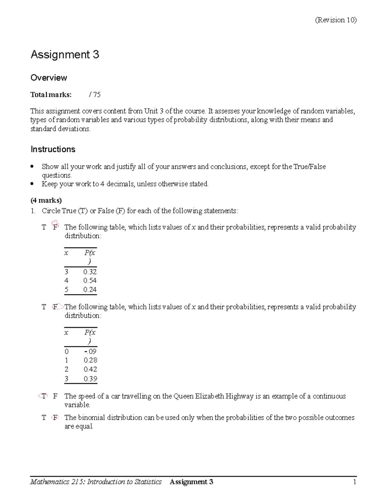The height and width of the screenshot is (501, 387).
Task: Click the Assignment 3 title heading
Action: (x=65, y=55)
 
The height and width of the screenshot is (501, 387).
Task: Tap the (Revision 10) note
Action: (x=336, y=20)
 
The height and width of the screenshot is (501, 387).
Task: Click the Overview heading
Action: (x=49, y=78)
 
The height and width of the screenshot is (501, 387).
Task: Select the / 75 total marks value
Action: (x=95, y=95)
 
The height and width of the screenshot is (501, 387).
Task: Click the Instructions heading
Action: (x=53, y=149)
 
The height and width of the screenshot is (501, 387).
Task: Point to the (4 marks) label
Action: (x=46, y=200)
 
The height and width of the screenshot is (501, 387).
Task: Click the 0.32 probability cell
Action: (x=90, y=272)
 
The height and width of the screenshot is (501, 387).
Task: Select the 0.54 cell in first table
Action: (x=90, y=280)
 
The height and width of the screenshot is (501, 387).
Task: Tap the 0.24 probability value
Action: (x=90, y=289)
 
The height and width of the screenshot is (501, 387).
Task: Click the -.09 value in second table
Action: (x=90, y=351)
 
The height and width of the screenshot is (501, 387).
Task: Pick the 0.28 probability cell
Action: (x=90, y=360)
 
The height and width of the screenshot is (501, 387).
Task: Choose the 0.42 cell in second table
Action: (x=90, y=369)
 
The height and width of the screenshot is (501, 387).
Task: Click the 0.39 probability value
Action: (x=90, y=379)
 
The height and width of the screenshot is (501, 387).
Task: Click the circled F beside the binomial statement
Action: (x=55, y=417)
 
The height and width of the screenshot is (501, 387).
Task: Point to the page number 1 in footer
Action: (x=354, y=482)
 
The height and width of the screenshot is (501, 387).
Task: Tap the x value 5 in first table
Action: (x=66, y=289)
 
